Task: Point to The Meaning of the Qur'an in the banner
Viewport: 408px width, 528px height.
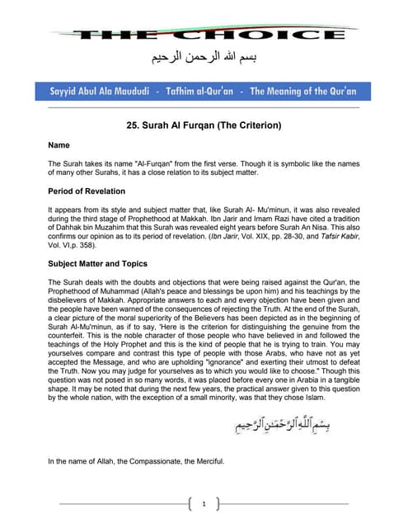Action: (x=302, y=92)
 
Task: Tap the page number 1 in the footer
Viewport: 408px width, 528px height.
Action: (x=204, y=502)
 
